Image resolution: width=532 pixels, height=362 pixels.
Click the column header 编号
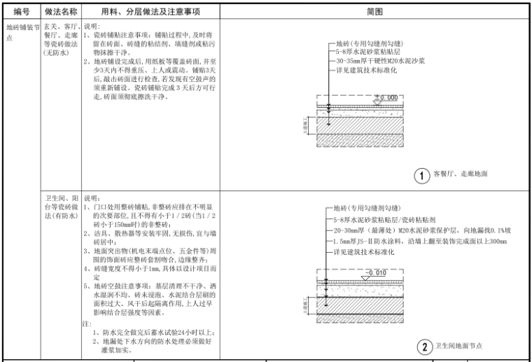coord(21,12)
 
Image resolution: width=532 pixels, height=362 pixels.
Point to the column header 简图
coord(374,12)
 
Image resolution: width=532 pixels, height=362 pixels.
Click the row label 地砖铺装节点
coord(21,33)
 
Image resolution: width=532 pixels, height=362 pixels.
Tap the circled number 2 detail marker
coord(423,346)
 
